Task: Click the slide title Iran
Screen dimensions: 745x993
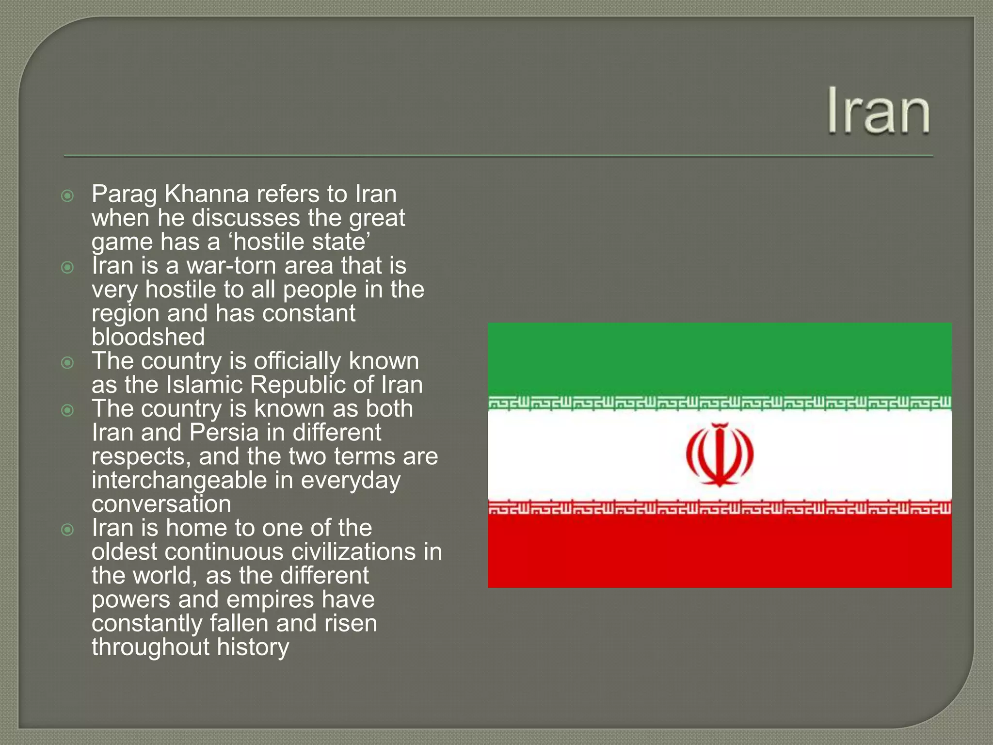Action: [879, 111]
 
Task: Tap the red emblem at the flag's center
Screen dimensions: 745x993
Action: [720, 454]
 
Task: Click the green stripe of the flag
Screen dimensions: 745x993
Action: [720, 359]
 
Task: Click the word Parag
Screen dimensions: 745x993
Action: [124, 195]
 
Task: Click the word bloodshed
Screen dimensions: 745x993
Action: [148, 337]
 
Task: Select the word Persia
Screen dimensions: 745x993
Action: [224, 433]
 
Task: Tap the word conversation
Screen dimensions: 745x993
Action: [161, 504]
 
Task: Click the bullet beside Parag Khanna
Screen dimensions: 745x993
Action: [68, 196]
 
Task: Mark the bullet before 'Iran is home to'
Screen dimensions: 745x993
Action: [68, 529]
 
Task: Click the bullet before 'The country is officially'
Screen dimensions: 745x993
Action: [68, 362]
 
